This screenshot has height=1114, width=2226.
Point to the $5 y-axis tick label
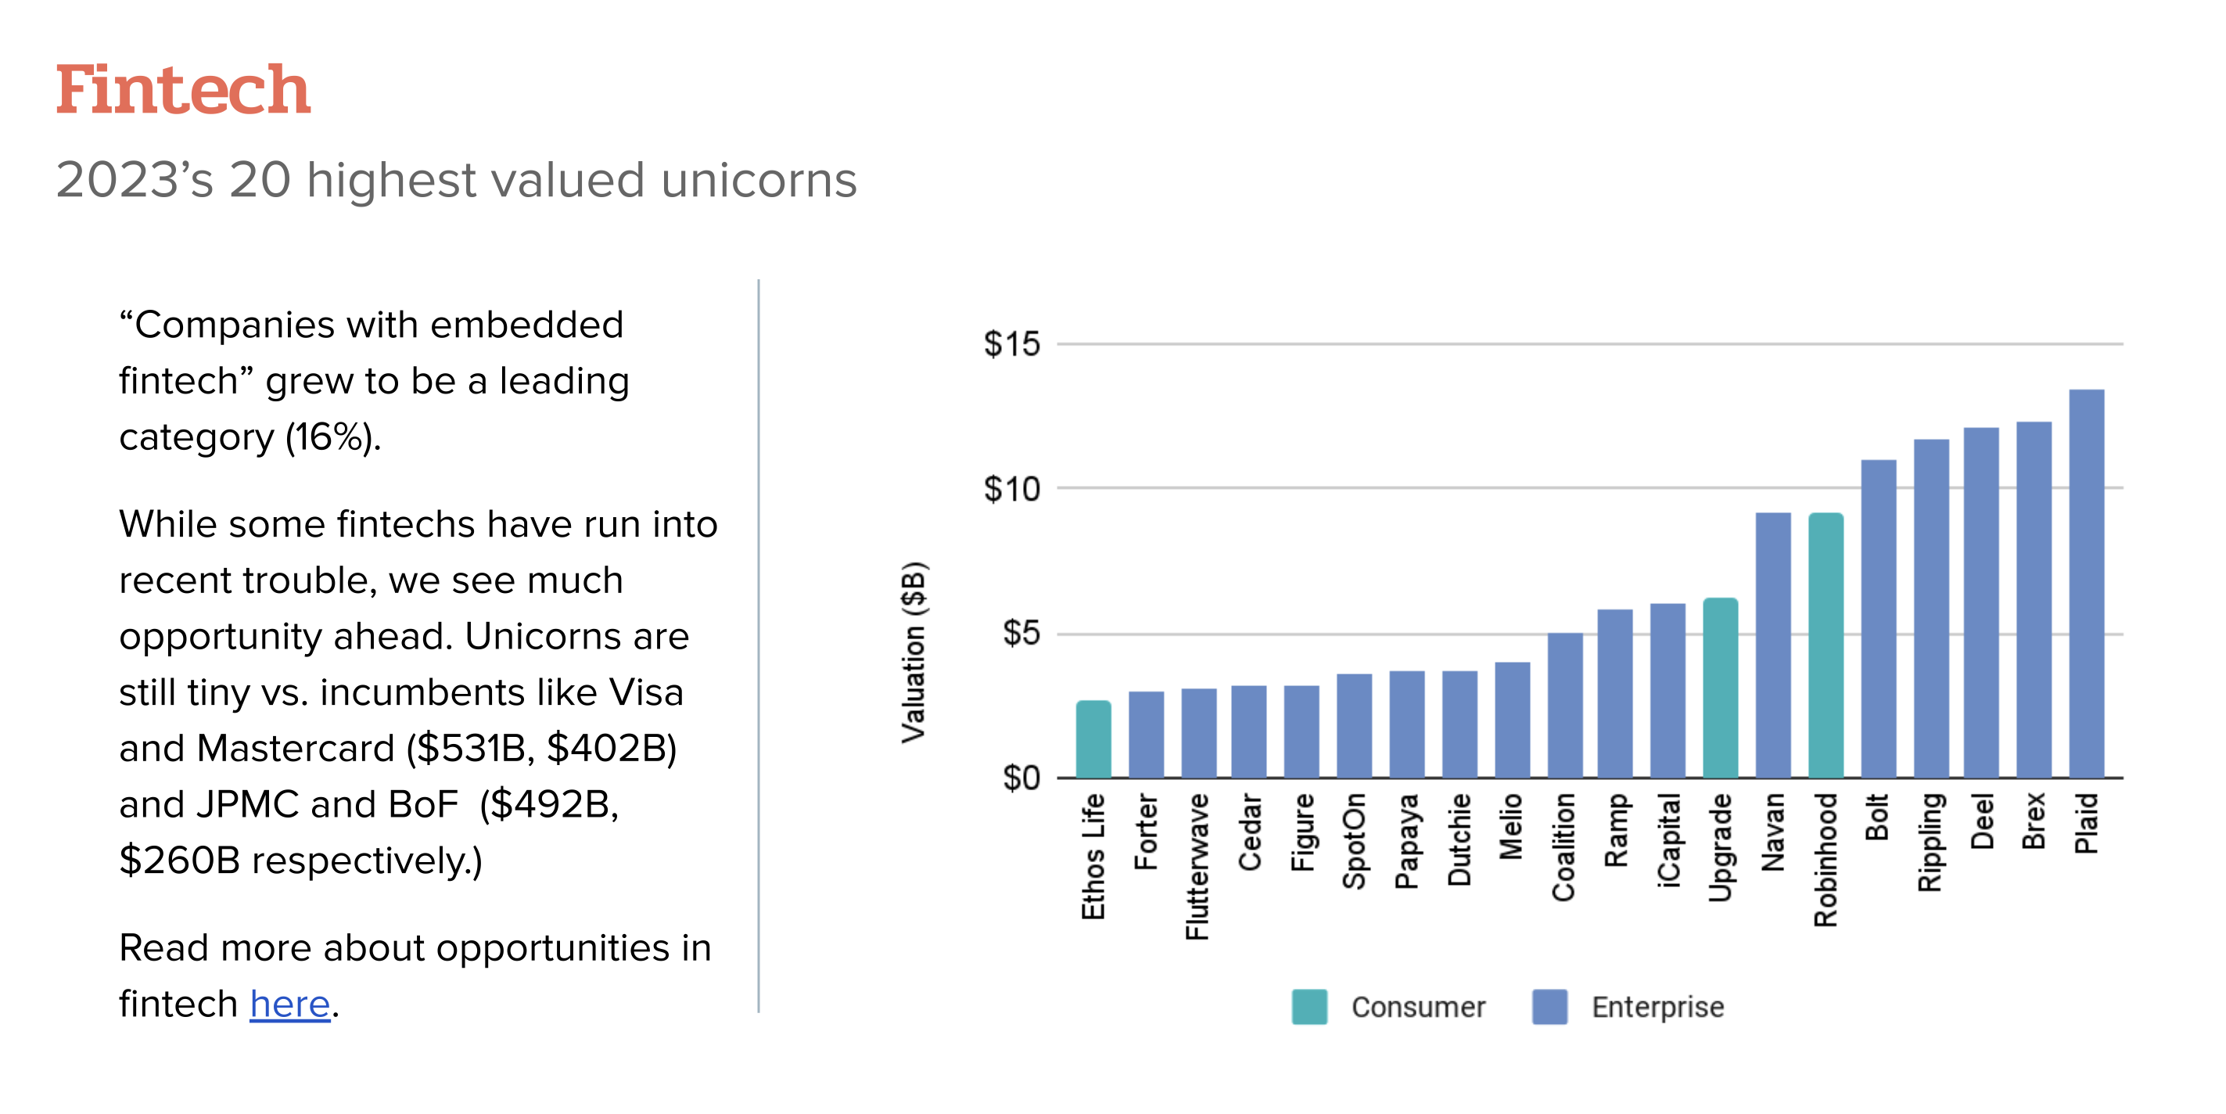tap(1021, 634)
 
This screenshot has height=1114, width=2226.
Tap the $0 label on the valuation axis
tap(1021, 778)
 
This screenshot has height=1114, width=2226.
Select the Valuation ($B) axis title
tap(914, 652)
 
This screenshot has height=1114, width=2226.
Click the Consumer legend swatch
tap(1309, 1007)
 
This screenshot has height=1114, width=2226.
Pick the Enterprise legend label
tap(1657, 1007)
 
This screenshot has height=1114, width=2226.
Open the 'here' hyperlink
tap(289, 1004)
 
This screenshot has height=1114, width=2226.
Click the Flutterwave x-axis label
tap(1197, 866)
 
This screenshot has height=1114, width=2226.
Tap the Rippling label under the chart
tap(1930, 842)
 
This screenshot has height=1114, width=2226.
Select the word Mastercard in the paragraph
tap(295, 749)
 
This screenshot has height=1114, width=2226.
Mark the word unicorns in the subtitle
tap(758, 180)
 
